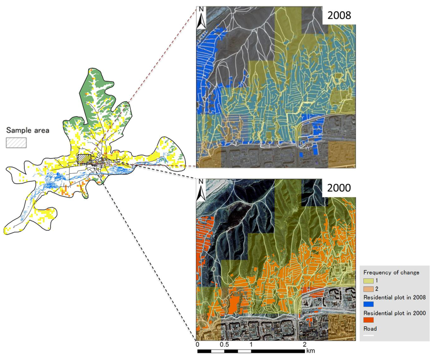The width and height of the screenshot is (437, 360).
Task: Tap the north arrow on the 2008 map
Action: coord(201,18)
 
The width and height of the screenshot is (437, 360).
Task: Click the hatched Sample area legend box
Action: coord(16,142)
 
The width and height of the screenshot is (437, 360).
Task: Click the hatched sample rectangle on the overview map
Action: coord(84,158)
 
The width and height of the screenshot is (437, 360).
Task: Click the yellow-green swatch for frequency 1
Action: coord(368,281)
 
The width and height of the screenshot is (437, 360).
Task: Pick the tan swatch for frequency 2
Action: coord(368,289)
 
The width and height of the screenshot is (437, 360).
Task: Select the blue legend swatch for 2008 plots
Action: coord(368,305)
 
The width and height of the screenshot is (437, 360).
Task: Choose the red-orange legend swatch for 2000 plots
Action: coord(368,320)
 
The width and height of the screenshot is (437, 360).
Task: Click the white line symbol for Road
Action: coord(368,335)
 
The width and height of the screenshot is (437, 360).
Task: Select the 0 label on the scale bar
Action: coord(197,344)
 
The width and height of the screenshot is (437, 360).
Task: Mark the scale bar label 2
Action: coord(304,344)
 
